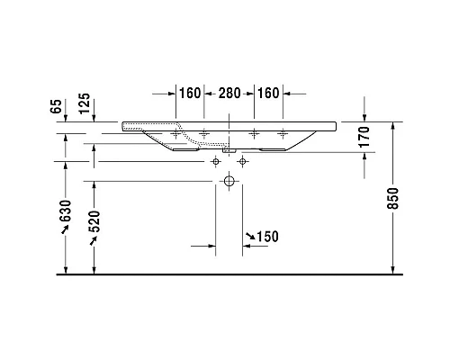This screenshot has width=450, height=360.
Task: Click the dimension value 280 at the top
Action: click(229, 93)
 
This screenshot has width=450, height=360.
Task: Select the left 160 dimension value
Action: click(189, 93)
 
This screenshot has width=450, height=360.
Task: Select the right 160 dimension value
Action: click(269, 93)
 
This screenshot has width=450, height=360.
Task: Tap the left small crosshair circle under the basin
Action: click(216, 161)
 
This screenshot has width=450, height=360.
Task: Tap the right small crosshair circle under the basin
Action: click(242, 161)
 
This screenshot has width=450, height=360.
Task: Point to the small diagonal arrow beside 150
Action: click(249, 238)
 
